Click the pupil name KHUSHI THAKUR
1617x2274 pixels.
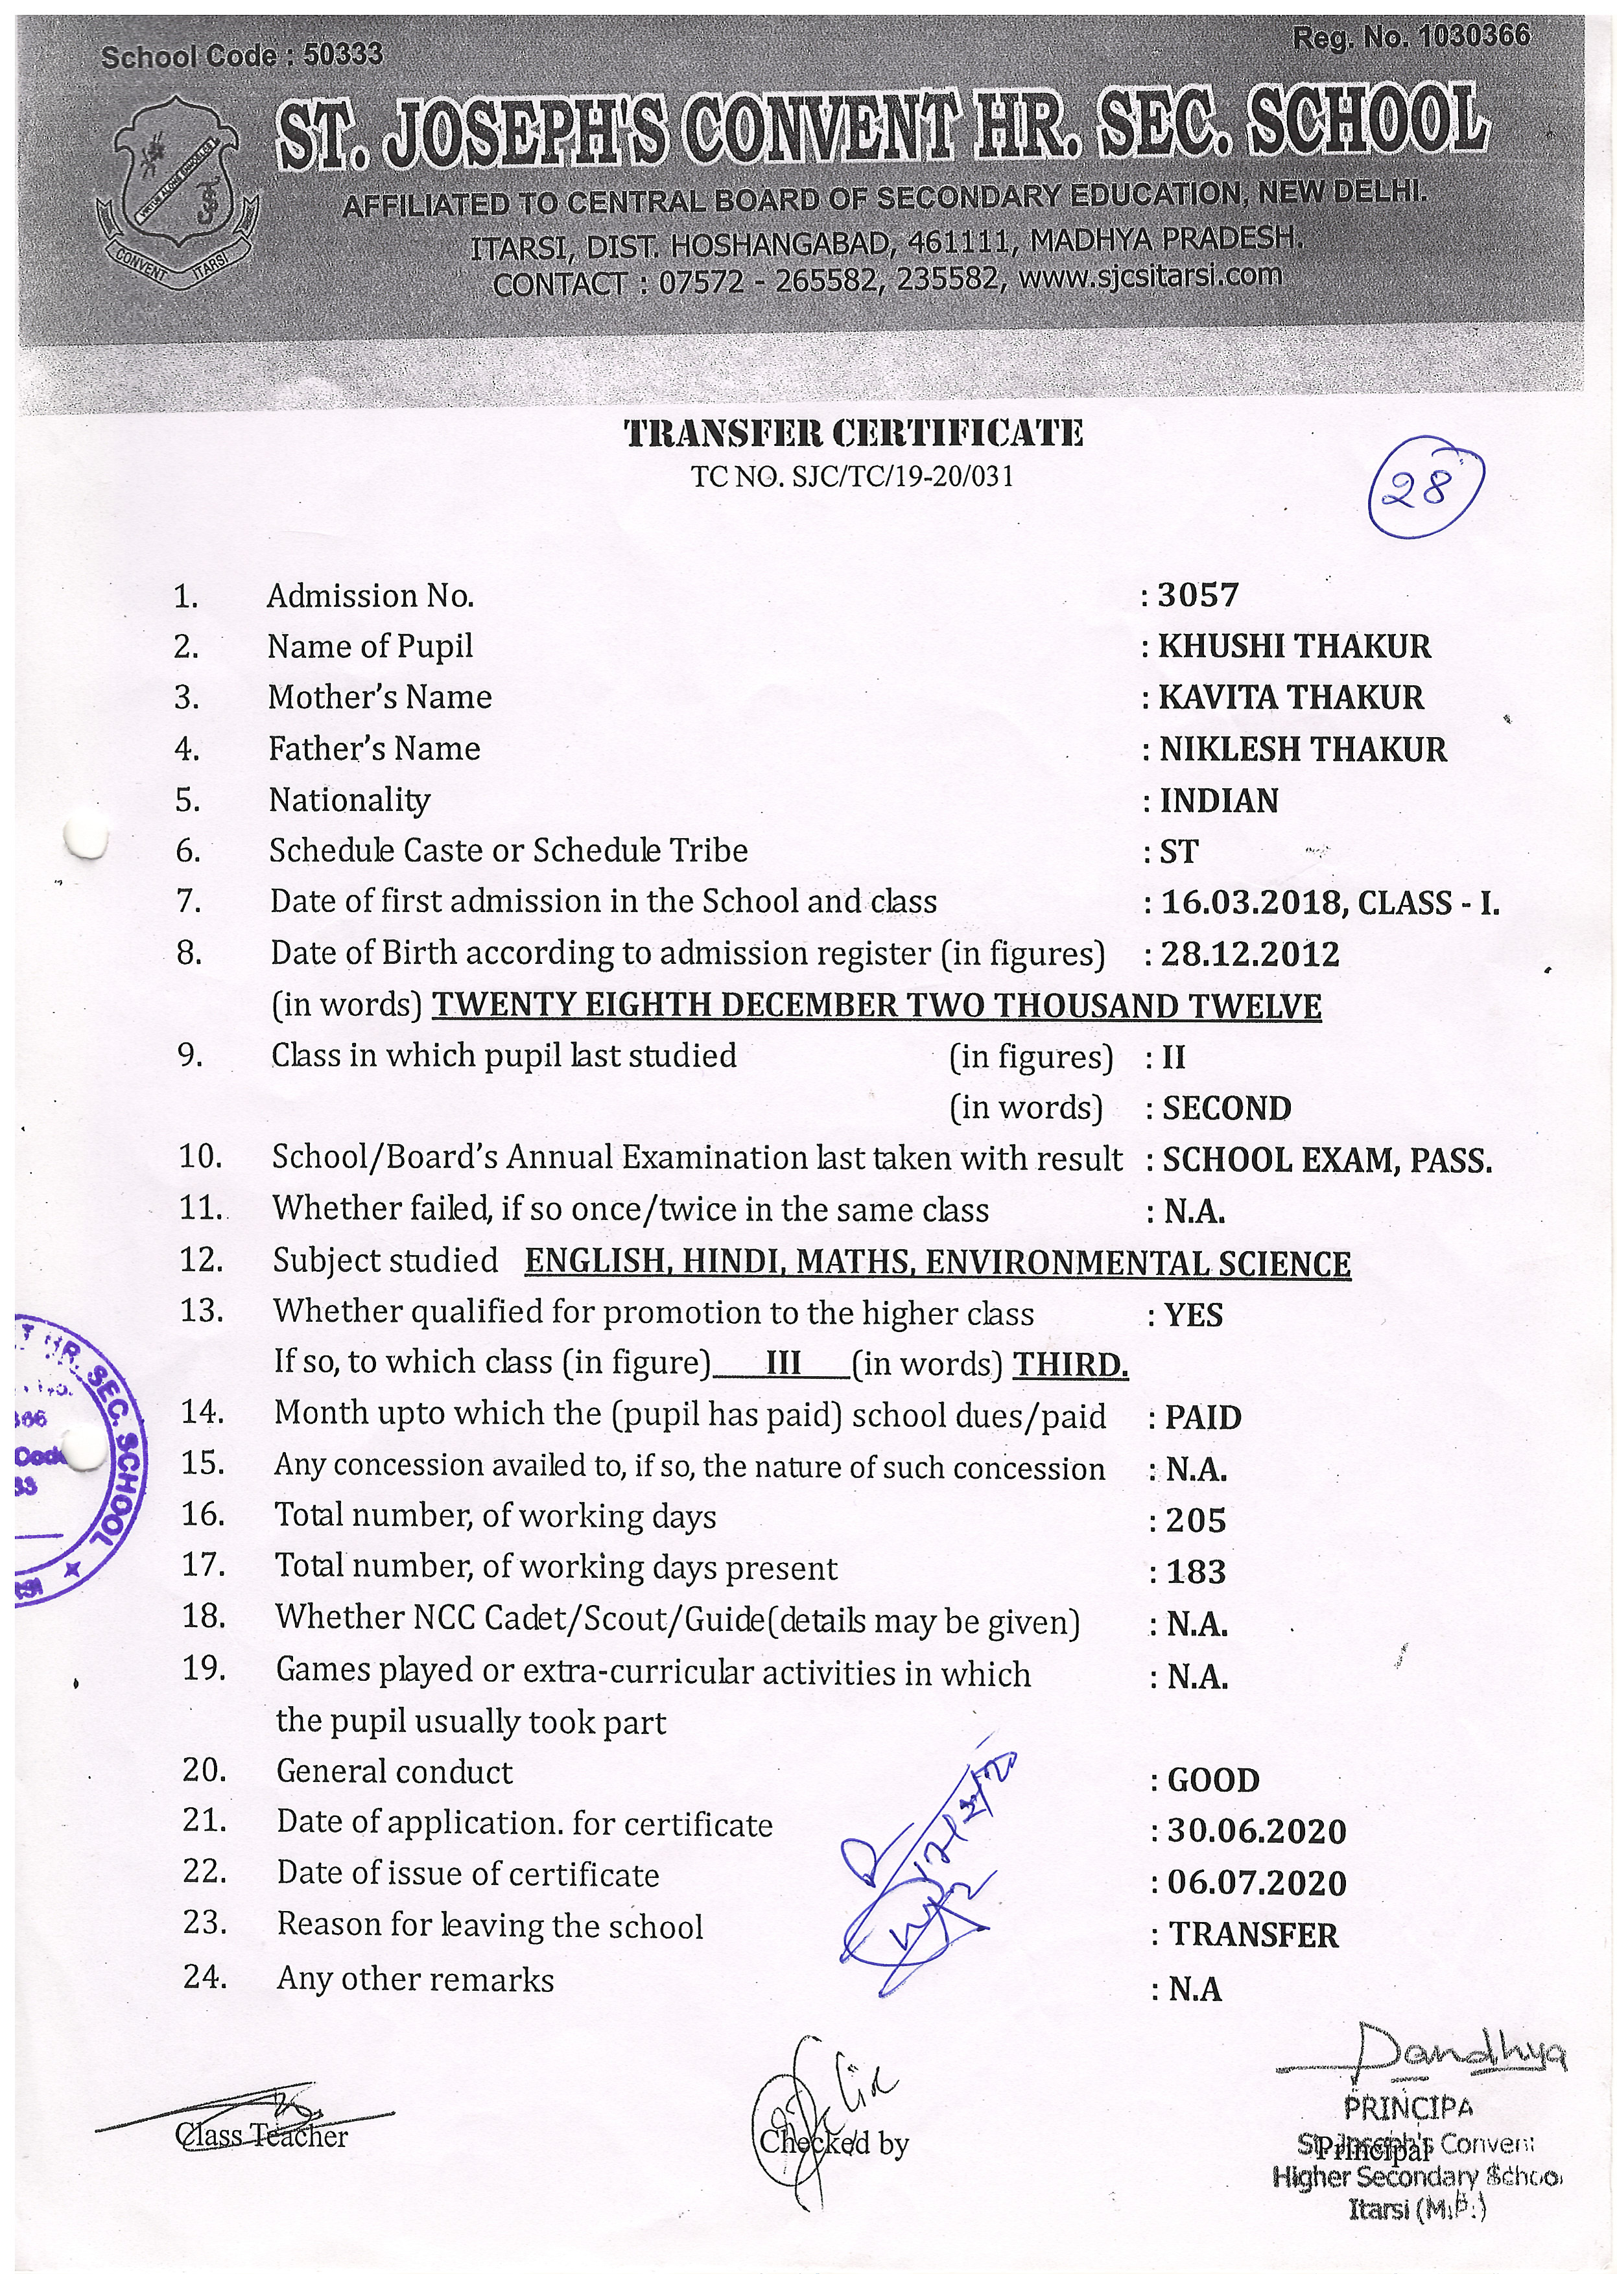point(1293,646)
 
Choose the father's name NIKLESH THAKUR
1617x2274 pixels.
point(1303,749)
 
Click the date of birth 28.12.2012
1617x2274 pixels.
point(1249,954)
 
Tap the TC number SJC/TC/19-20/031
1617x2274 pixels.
point(853,477)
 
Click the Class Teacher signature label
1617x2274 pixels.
point(261,2136)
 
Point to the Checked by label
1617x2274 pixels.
point(834,2142)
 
